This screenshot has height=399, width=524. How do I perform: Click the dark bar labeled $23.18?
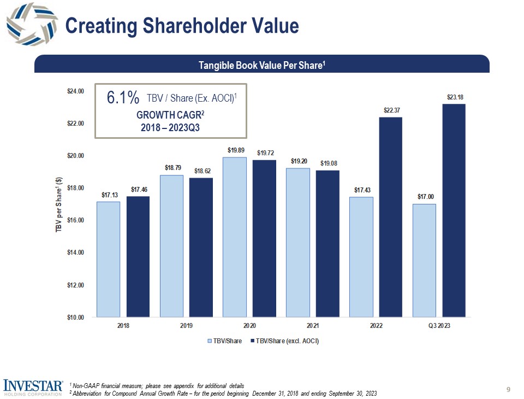[x=454, y=210]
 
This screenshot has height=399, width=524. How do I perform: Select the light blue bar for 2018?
[x=109, y=259]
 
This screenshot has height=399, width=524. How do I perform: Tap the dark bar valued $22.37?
[x=390, y=217]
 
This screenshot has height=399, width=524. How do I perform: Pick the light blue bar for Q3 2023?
[x=424, y=260]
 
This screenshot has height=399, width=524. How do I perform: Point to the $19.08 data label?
[x=329, y=163]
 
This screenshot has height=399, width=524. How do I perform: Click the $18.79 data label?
[x=172, y=168]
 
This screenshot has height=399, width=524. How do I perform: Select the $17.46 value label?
[x=139, y=189]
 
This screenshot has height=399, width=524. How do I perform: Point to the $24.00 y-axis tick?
[x=75, y=91]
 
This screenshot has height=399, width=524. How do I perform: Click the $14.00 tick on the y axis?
[x=75, y=253]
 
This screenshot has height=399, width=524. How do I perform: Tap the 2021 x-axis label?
[x=313, y=326]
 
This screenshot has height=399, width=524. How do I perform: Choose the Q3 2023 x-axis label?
[x=439, y=326]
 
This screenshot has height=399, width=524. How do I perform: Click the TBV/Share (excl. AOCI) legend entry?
[x=283, y=341]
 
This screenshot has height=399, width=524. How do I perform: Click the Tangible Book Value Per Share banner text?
[x=262, y=66]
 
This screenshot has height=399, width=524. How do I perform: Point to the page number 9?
[x=508, y=389]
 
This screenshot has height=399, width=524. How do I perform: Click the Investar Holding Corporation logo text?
[x=32, y=386]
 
